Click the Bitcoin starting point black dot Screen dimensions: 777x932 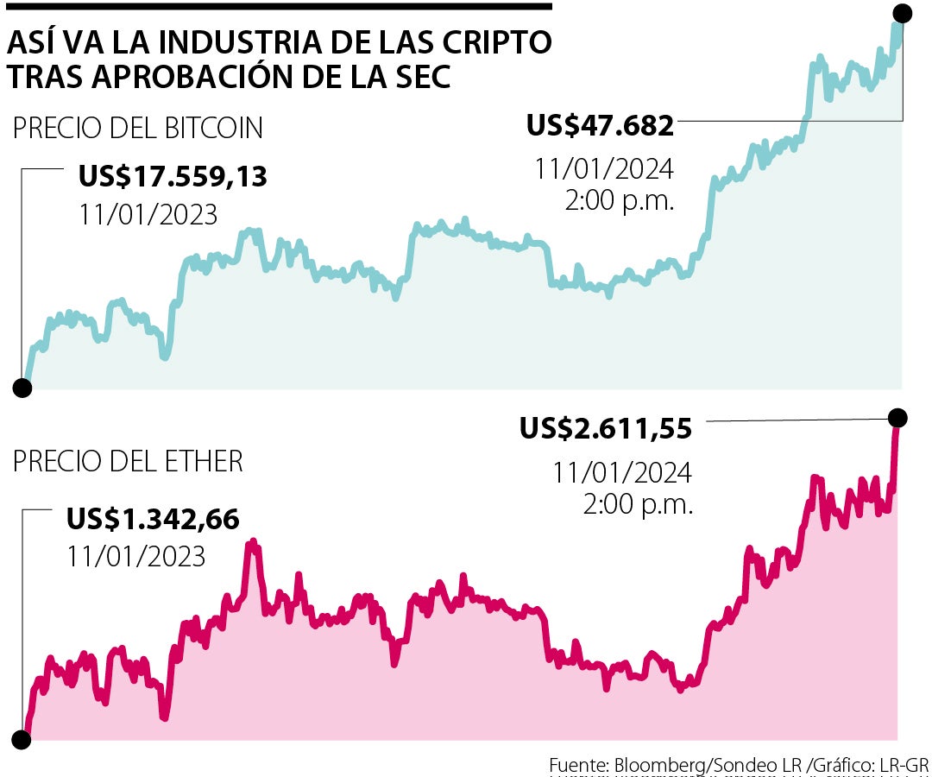coord(22,388)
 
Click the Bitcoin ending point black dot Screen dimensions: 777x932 coord(902,13)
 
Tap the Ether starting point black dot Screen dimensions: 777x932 coord(21,739)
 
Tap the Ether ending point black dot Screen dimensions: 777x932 coord(897,418)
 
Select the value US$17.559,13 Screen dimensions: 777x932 coord(173,177)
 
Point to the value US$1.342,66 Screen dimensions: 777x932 coord(153,520)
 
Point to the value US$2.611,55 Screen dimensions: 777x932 coord(606,427)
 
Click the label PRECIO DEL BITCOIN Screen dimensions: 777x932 coord(138,129)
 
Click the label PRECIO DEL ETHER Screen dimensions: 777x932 coord(128,462)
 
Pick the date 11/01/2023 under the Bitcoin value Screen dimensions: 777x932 coord(148,213)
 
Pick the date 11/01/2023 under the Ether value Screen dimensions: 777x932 coord(136,556)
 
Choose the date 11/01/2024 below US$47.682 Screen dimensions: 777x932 coord(603,167)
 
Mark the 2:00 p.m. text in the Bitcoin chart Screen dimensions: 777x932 coord(619,200)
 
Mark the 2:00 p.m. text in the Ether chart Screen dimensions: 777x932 coord(638,505)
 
